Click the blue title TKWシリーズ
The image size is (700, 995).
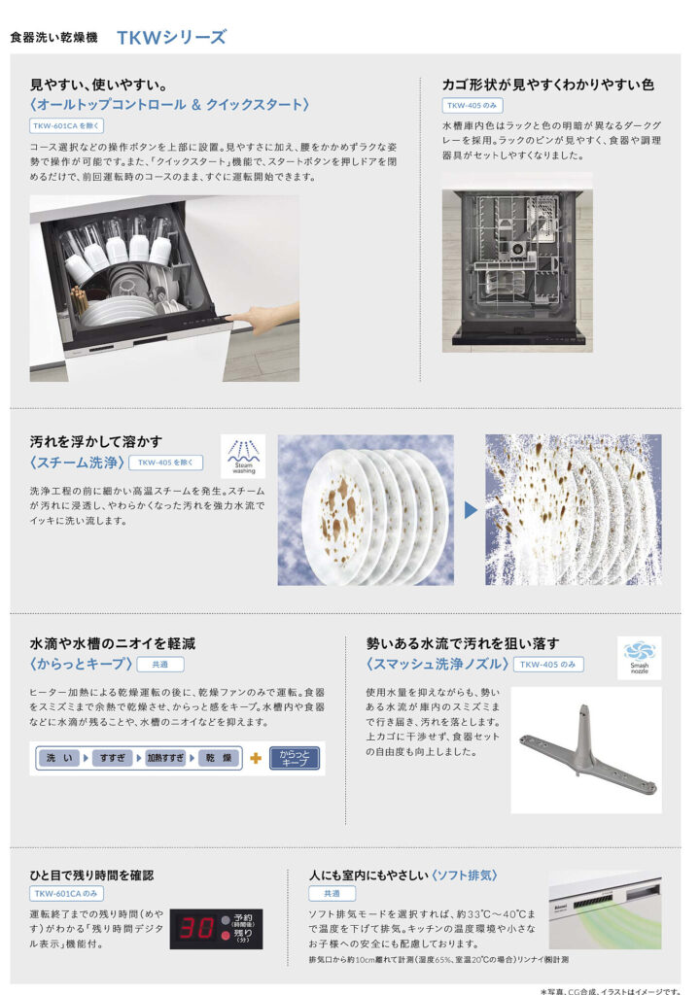point(171,38)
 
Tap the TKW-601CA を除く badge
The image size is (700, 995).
point(66,125)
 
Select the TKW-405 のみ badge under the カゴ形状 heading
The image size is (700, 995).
point(472,105)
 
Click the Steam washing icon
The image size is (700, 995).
point(243,456)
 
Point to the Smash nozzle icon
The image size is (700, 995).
point(639,658)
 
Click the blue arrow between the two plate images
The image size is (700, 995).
point(471,509)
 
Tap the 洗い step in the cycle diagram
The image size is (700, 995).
point(59,758)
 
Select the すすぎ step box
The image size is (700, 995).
point(113,758)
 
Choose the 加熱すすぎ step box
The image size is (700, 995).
point(166,758)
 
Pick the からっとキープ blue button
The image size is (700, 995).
point(295,758)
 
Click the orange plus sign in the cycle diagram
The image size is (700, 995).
point(256,758)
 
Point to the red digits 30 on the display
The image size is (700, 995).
point(197,929)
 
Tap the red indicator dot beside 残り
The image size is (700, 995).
point(225,936)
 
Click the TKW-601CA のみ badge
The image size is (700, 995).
point(66,894)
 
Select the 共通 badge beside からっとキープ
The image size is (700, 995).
point(160,665)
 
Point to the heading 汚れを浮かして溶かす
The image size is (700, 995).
point(96,442)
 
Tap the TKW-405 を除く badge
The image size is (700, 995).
point(166,463)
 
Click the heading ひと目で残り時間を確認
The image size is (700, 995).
point(91,875)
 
